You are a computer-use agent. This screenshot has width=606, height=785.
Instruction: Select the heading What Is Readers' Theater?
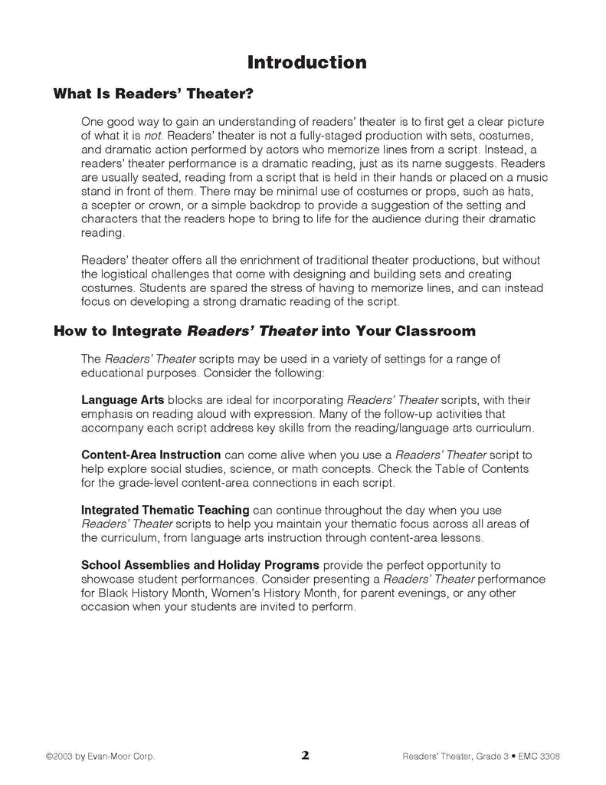click(153, 95)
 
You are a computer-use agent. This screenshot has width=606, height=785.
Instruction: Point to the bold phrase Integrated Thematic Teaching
click(165, 510)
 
